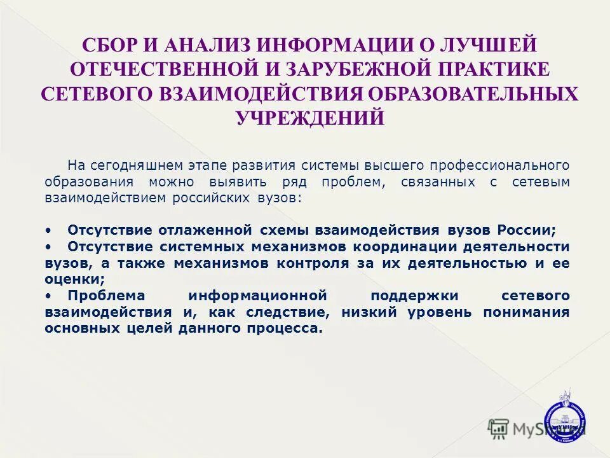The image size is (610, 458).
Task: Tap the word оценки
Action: pyautogui.click(x=74, y=279)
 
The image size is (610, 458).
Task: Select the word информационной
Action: pyautogui.click(x=257, y=296)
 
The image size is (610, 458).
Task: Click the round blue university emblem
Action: pyautogui.click(x=566, y=417)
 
